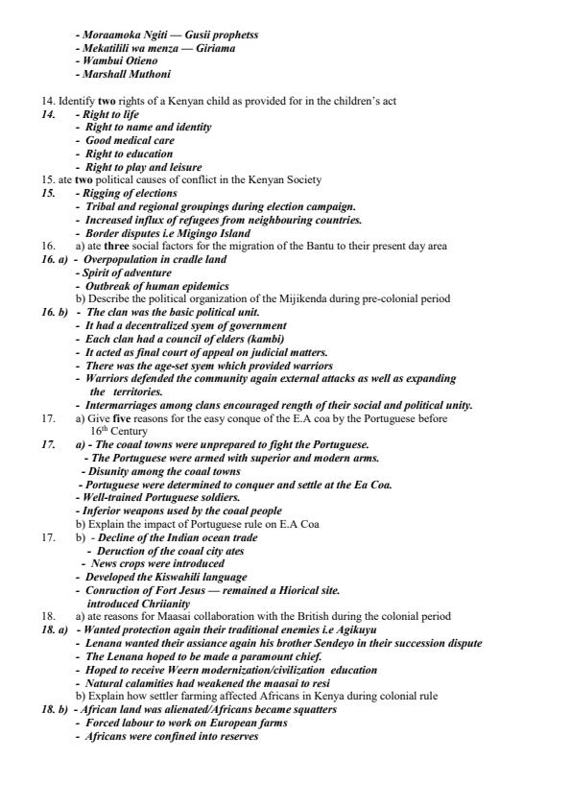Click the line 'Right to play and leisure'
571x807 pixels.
tap(144, 166)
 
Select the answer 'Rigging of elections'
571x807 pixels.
tap(131, 193)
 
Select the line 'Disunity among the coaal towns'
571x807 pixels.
tap(164, 472)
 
